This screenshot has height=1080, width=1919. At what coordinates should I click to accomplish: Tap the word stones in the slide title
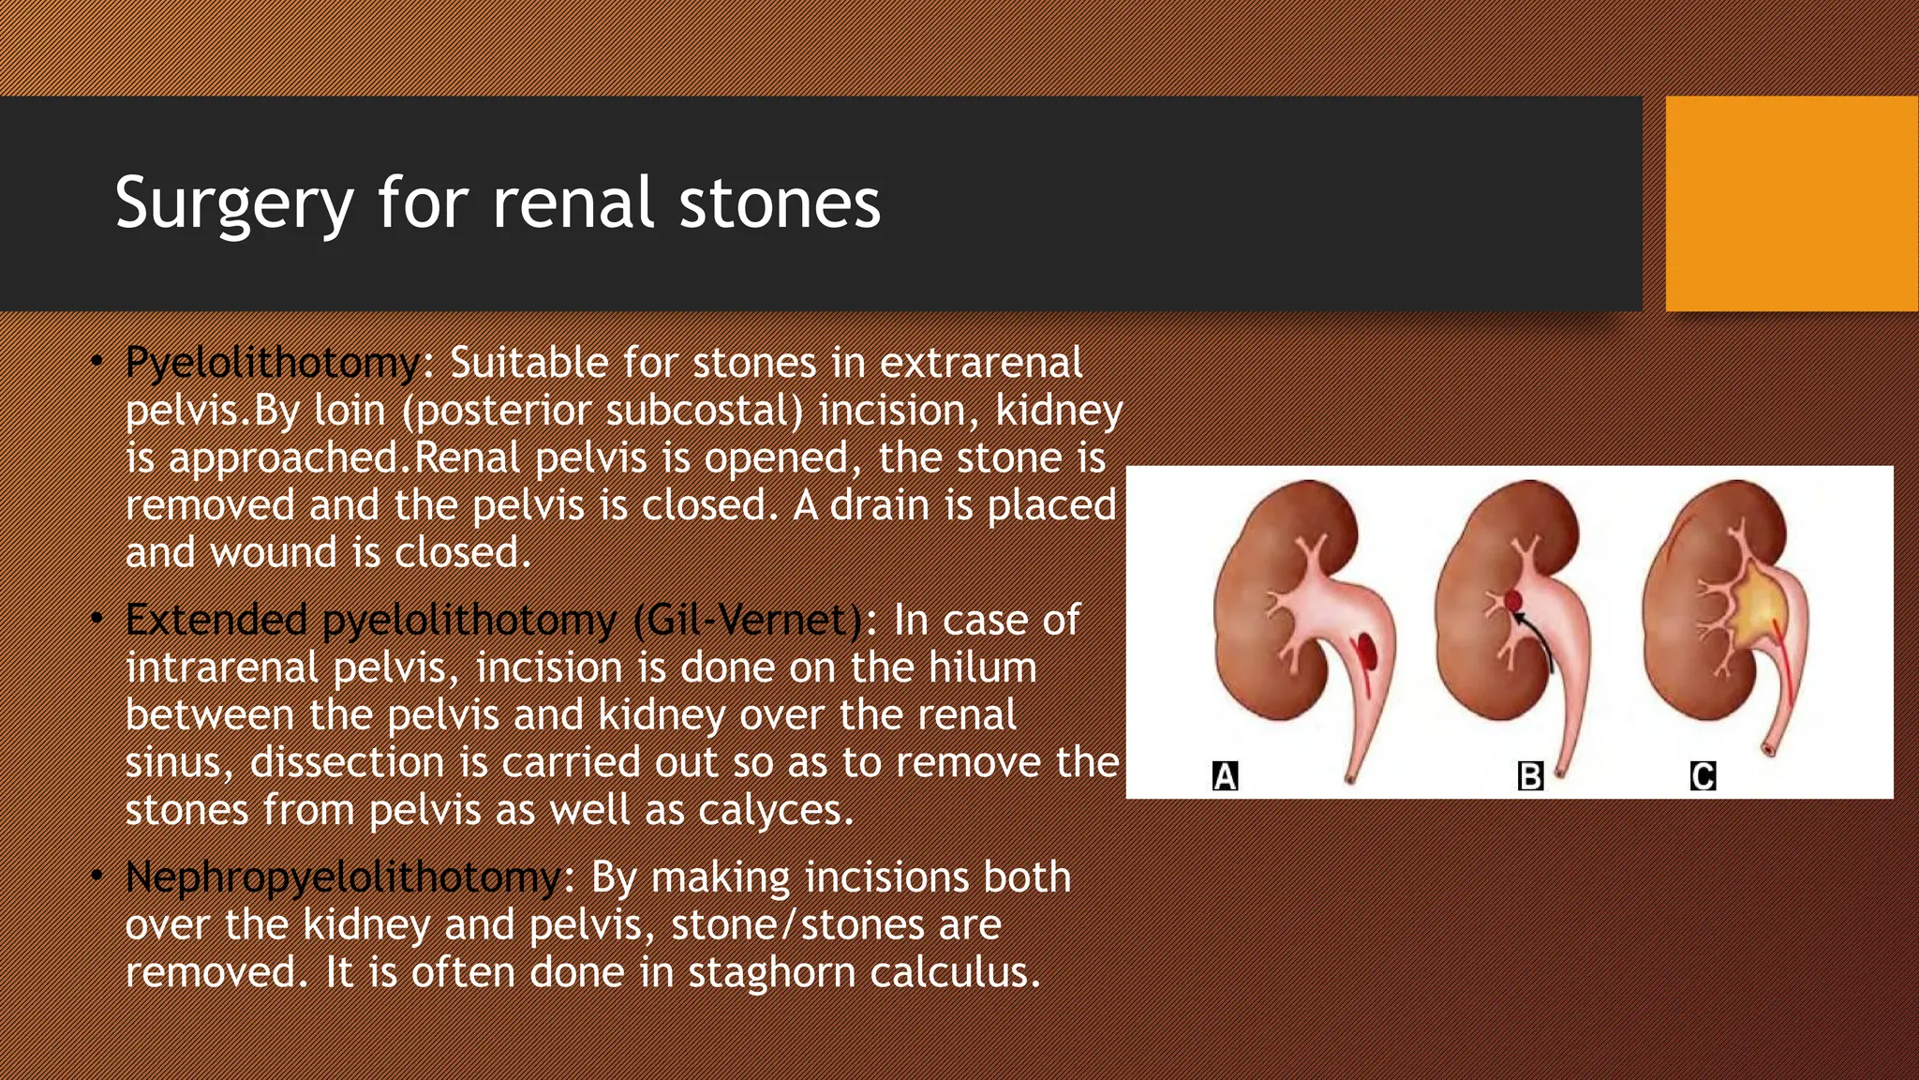(780, 203)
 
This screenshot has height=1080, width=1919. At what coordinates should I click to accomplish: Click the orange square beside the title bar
(1791, 203)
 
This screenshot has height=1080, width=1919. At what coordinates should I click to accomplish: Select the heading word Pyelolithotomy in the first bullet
(273, 363)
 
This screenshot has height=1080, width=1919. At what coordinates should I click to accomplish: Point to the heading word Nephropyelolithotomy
(343, 877)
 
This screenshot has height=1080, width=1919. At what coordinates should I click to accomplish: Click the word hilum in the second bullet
(982, 667)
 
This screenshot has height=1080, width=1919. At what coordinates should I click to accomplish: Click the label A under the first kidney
(1225, 776)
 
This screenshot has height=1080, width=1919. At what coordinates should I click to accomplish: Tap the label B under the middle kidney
(1529, 776)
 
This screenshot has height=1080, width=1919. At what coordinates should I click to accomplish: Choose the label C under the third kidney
(1703, 776)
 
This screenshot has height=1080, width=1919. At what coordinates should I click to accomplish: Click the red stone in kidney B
(1513, 601)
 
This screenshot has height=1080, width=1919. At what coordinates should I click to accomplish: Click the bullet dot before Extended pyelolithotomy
(97, 619)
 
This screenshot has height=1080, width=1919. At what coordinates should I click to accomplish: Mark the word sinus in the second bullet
(177, 762)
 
